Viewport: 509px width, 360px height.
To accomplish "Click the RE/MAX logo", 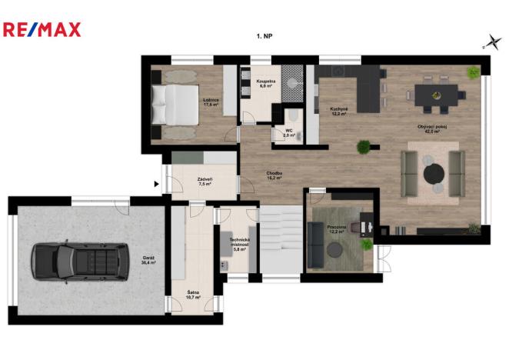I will coord(42,30).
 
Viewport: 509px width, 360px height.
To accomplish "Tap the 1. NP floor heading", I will coord(265,36).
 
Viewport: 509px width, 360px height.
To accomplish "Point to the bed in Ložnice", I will coord(175,104).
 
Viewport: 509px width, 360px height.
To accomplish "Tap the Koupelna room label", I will coord(266,82).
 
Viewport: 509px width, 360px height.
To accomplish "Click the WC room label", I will coord(289,132).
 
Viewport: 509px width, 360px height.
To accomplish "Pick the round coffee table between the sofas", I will coord(434,172).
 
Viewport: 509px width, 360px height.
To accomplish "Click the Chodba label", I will coord(274,175).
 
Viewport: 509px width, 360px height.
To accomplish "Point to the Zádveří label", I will coord(205,181).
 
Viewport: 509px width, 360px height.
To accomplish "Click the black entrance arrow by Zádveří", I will coord(158,184).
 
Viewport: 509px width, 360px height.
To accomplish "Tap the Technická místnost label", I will coord(238,245).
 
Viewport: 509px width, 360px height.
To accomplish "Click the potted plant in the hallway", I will coord(363,146).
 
